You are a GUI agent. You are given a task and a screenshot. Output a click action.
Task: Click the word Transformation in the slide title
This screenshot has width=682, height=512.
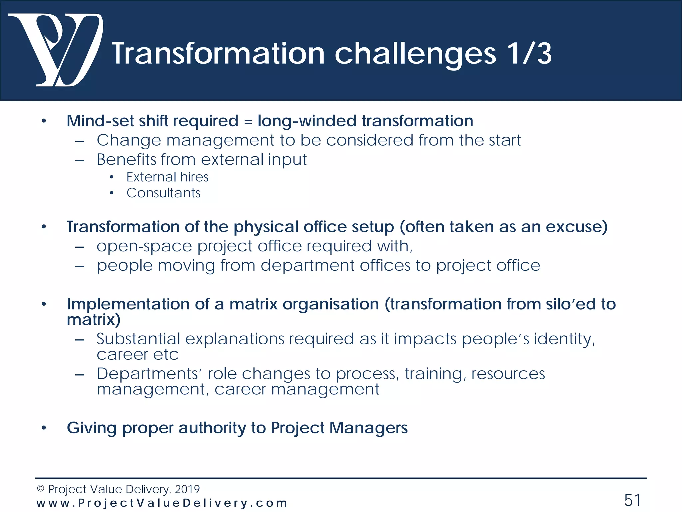(218, 54)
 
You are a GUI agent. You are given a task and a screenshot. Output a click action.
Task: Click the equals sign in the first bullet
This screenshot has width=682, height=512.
(248, 121)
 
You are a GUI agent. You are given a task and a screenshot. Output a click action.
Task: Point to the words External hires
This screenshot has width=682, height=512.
(167, 177)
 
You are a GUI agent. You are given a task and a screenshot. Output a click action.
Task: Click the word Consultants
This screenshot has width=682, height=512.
(164, 193)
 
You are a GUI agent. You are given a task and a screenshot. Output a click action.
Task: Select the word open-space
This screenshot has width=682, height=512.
(144, 247)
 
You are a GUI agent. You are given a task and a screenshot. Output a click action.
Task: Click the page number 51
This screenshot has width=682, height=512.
(632, 500)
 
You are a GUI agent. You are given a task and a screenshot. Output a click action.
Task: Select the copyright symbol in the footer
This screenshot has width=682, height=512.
(40, 489)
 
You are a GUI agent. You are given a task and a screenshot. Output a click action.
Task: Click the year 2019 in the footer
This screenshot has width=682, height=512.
(187, 489)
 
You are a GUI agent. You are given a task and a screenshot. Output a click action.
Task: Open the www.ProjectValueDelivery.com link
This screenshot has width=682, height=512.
(162, 503)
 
